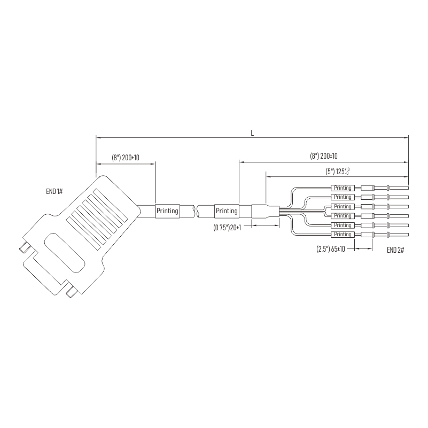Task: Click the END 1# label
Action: pyautogui.click(x=55, y=191)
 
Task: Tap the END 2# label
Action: pyautogui.click(x=395, y=250)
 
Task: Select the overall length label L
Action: pyautogui.click(x=252, y=133)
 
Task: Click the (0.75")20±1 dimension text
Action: pyautogui.click(x=227, y=228)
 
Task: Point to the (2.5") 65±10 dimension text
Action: pyautogui.click(x=331, y=249)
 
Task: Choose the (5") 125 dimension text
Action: pyautogui.click(x=338, y=172)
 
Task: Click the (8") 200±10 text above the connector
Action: pyautogui.click(x=125, y=158)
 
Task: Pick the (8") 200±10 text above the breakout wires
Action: pyautogui.click(x=323, y=156)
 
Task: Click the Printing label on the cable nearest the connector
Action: pyautogui.click(x=167, y=211)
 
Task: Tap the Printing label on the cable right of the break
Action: pyautogui.click(x=227, y=211)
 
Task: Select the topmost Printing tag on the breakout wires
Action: pyautogui.click(x=343, y=188)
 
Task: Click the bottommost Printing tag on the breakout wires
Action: pyautogui.click(x=343, y=235)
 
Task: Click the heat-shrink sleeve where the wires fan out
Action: pyautogui.click(x=266, y=212)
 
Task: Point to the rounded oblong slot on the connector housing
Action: pyautogui.click(x=65, y=253)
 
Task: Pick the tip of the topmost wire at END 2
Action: pyautogui.click(x=408, y=188)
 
